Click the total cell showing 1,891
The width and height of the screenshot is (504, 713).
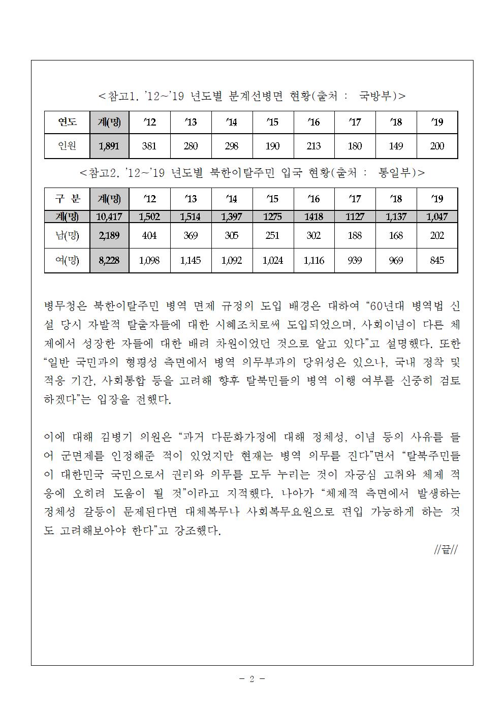point(109,146)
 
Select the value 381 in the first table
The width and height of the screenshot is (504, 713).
point(149,146)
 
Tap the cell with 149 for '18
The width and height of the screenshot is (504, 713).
point(396,146)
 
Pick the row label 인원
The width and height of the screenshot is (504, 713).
point(67,146)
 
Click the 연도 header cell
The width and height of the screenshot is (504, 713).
point(67,122)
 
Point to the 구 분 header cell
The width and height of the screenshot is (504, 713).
point(67,199)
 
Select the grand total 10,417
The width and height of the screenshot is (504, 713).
point(109,216)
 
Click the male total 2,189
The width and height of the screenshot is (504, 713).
point(109,235)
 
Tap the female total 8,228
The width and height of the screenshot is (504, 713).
point(109,260)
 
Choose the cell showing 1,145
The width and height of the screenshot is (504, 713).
point(191,260)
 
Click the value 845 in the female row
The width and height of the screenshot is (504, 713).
point(437,260)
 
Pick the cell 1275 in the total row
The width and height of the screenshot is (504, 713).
point(273,216)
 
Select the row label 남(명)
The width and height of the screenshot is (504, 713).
point(67,235)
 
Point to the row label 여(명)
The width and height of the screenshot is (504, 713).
point(67,260)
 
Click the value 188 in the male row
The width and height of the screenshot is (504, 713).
point(355,235)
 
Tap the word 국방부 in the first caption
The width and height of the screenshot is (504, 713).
point(376,95)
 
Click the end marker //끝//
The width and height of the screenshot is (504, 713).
point(446,550)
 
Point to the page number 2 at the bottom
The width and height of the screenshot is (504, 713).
point(251,678)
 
